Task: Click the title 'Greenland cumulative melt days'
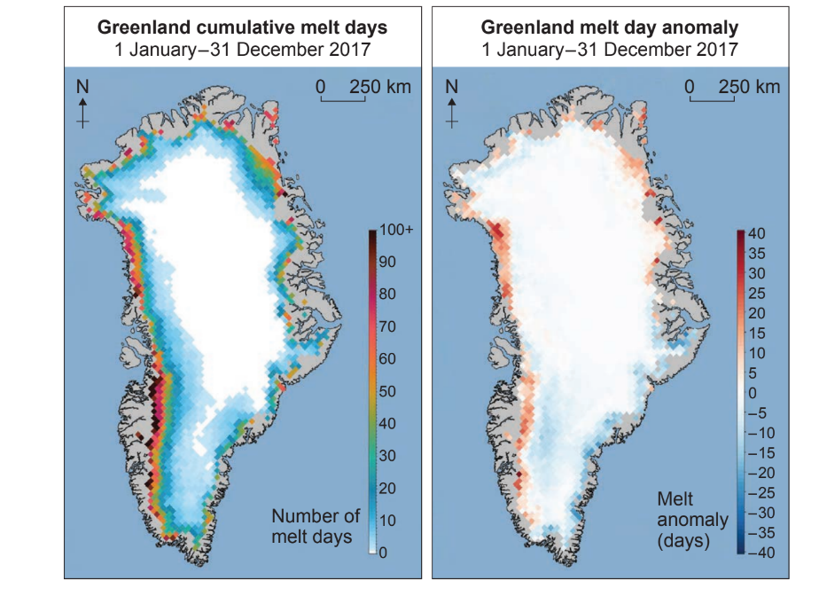click(241, 27)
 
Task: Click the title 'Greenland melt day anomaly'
click(609, 27)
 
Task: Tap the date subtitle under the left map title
click(241, 48)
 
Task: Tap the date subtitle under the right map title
click(609, 48)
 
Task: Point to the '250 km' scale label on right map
click(749, 86)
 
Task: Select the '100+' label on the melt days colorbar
click(397, 231)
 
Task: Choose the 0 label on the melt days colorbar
click(385, 553)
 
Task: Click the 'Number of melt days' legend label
click(316, 526)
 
